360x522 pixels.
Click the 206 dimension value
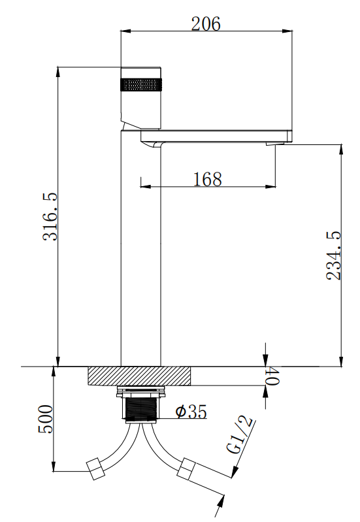click(x=206, y=24)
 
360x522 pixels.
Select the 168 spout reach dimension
click(x=208, y=179)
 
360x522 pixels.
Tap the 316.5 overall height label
click(x=50, y=216)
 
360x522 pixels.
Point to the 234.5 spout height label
click(x=334, y=255)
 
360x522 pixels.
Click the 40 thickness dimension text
click(x=272, y=376)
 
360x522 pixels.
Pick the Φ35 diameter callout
click(x=191, y=412)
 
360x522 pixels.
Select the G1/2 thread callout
click(x=238, y=434)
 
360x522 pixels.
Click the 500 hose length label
click(x=46, y=419)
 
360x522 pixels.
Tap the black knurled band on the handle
click(x=141, y=84)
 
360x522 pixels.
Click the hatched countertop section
click(x=139, y=376)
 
